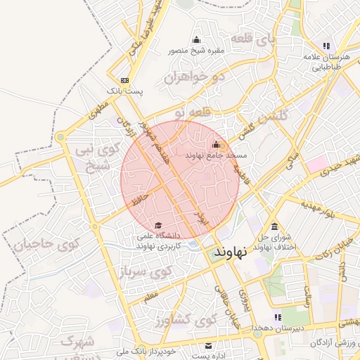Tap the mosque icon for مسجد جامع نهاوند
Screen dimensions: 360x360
(216, 145)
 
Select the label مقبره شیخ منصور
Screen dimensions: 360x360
(195, 51)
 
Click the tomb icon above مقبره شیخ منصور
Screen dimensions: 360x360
(196, 40)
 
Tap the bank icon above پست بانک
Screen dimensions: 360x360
(124, 81)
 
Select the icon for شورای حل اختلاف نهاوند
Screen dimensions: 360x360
(274, 226)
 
